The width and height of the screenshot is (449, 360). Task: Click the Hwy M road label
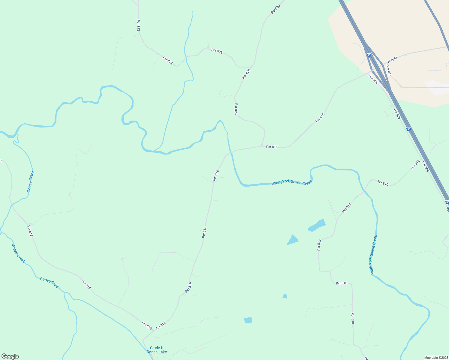pyautogui.click(x=392, y=60)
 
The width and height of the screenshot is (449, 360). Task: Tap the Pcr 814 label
pyautogui.click(x=389, y=71)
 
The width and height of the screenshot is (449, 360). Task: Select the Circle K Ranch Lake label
pyautogui.click(x=157, y=350)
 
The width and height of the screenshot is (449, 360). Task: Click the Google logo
pyautogui.click(x=10, y=356)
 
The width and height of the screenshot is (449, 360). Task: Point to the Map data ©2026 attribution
pyautogui.click(x=436, y=358)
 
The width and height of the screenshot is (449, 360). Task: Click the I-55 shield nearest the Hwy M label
pyautogui.click(x=369, y=55)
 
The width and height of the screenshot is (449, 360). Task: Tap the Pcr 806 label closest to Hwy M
pyautogui.click(x=373, y=79)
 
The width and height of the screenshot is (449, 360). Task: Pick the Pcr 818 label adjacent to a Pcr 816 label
pyautogui.click(x=147, y=325)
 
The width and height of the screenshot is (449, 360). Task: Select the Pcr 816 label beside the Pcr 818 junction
pyautogui.click(x=161, y=326)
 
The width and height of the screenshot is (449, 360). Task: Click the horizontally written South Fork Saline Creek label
pyautogui.click(x=292, y=182)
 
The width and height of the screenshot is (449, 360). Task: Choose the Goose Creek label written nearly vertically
pyautogui.click(x=31, y=181)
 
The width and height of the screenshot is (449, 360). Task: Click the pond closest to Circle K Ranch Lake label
pyautogui.click(x=248, y=320)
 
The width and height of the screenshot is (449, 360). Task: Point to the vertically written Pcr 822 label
pyautogui.click(x=138, y=25)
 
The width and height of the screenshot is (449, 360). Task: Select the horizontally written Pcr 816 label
pyautogui.click(x=272, y=147)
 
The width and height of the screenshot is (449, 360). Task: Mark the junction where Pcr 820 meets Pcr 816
pyautogui.click(x=262, y=146)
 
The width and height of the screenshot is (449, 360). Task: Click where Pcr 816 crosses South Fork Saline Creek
pyautogui.click(x=230, y=153)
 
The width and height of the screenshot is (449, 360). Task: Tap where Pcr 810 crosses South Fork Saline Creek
pyautogui.click(x=363, y=190)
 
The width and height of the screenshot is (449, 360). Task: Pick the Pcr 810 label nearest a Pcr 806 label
pyautogui.click(x=415, y=164)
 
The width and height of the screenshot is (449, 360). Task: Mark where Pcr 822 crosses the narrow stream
pyautogui.click(x=186, y=56)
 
